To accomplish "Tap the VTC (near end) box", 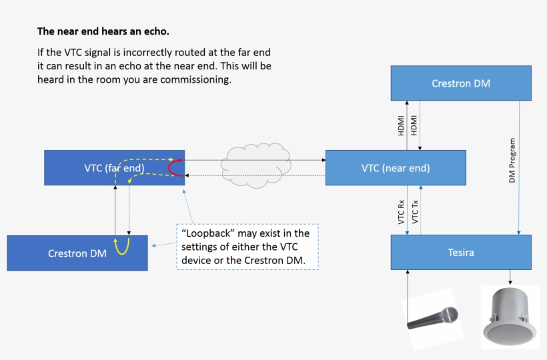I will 396,168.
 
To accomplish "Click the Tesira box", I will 461,252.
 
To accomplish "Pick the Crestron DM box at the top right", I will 461,83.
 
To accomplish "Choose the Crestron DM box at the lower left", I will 77,253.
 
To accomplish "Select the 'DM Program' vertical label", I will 512,161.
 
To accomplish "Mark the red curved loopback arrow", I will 175,167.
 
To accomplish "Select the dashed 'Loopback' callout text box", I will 247,247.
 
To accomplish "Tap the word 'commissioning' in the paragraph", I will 200,79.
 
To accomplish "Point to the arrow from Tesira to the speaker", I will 510,277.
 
